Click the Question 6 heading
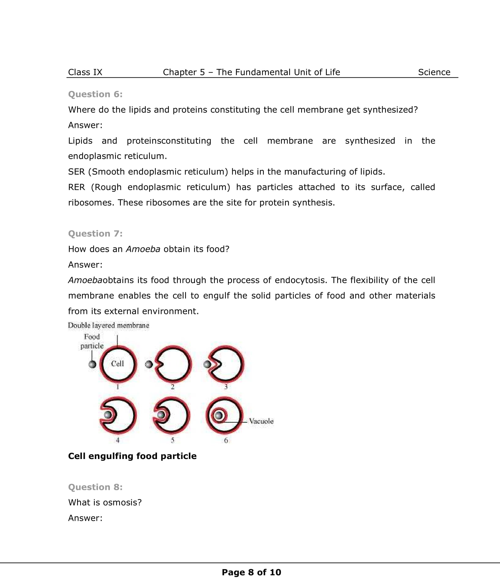(95, 94)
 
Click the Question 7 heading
(95, 233)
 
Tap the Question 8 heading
(95, 487)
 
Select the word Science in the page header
(434, 72)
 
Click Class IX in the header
(85, 72)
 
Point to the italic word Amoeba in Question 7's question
(143, 249)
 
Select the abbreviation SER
(76, 172)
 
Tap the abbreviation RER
(76, 187)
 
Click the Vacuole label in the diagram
(261, 421)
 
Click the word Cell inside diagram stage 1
(118, 364)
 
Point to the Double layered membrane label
(109, 325)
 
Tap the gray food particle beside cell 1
(92, 364)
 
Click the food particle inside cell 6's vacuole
(218, 415)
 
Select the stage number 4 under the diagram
(118, 440)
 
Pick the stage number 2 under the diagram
(172, 387)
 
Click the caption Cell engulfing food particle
(132, 456)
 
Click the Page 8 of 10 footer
(251, 572)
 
